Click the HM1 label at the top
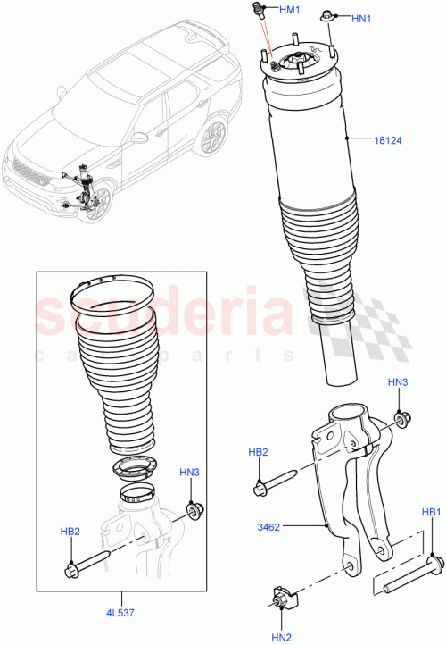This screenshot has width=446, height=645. coord(291,10)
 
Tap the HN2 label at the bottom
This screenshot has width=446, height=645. coord(283,637)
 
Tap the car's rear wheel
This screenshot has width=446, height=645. coord(211,138)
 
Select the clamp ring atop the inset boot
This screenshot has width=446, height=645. coord(111,294)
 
